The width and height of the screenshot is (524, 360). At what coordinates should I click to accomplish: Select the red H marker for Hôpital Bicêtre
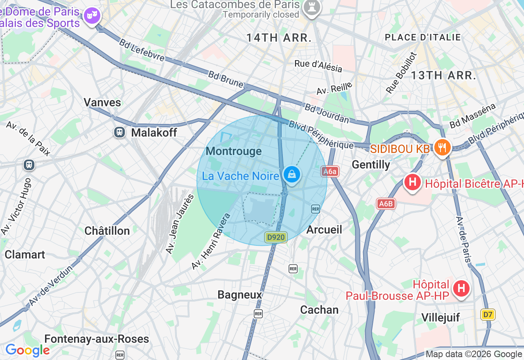413,182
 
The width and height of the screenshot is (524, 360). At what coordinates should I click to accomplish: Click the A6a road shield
330,172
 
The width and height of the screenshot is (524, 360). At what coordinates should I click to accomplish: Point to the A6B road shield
386,204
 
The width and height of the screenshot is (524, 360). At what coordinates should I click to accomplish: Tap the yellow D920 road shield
276,237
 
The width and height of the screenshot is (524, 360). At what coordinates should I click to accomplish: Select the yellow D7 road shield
488,315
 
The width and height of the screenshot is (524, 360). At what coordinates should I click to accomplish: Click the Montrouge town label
234,151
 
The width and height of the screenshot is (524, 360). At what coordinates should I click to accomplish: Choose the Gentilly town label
371,164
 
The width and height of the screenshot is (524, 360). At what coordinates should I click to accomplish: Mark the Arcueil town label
324,229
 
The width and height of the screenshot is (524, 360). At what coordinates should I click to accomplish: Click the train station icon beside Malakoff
120,132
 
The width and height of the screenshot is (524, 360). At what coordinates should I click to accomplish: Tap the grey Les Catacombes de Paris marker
312,8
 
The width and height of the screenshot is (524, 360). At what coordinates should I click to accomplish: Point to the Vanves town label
102,102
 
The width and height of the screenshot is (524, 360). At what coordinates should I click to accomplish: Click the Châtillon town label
107,231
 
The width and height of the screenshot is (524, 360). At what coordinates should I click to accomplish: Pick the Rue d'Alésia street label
318,66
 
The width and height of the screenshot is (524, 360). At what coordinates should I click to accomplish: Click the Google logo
27,350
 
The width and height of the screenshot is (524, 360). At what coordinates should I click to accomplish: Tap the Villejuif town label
441,317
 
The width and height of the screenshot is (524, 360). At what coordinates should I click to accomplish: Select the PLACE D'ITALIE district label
423,38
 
